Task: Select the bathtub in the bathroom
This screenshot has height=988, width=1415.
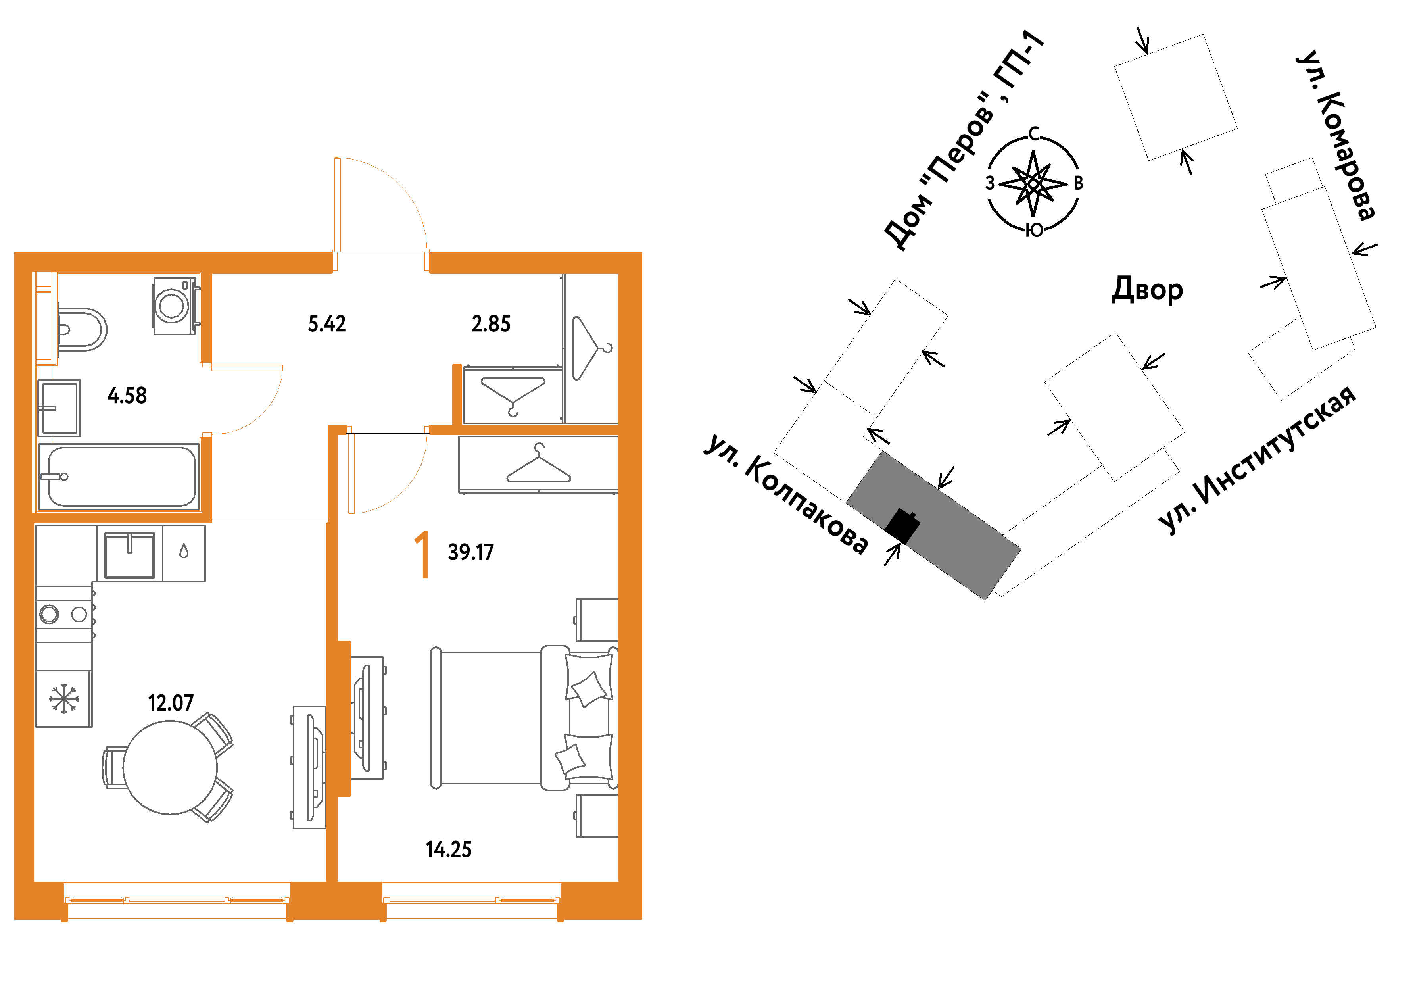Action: click(x=119, y=477)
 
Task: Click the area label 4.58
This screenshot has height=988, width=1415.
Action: click(x=127, y=395)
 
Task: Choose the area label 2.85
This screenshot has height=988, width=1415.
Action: click(x=491, y=324)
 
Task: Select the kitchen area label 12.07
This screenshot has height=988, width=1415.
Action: click(x=170, y=703)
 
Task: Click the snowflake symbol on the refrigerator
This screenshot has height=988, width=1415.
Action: click(x=63, y=699)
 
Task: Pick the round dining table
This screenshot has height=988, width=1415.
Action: click(x=170, y=767)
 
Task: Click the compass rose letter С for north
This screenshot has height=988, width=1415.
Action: click(x=1034, y=134)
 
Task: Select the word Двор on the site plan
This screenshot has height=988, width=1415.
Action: click(x=1147, y=290)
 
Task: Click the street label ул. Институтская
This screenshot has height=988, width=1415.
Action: click(x=1257, y=459)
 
